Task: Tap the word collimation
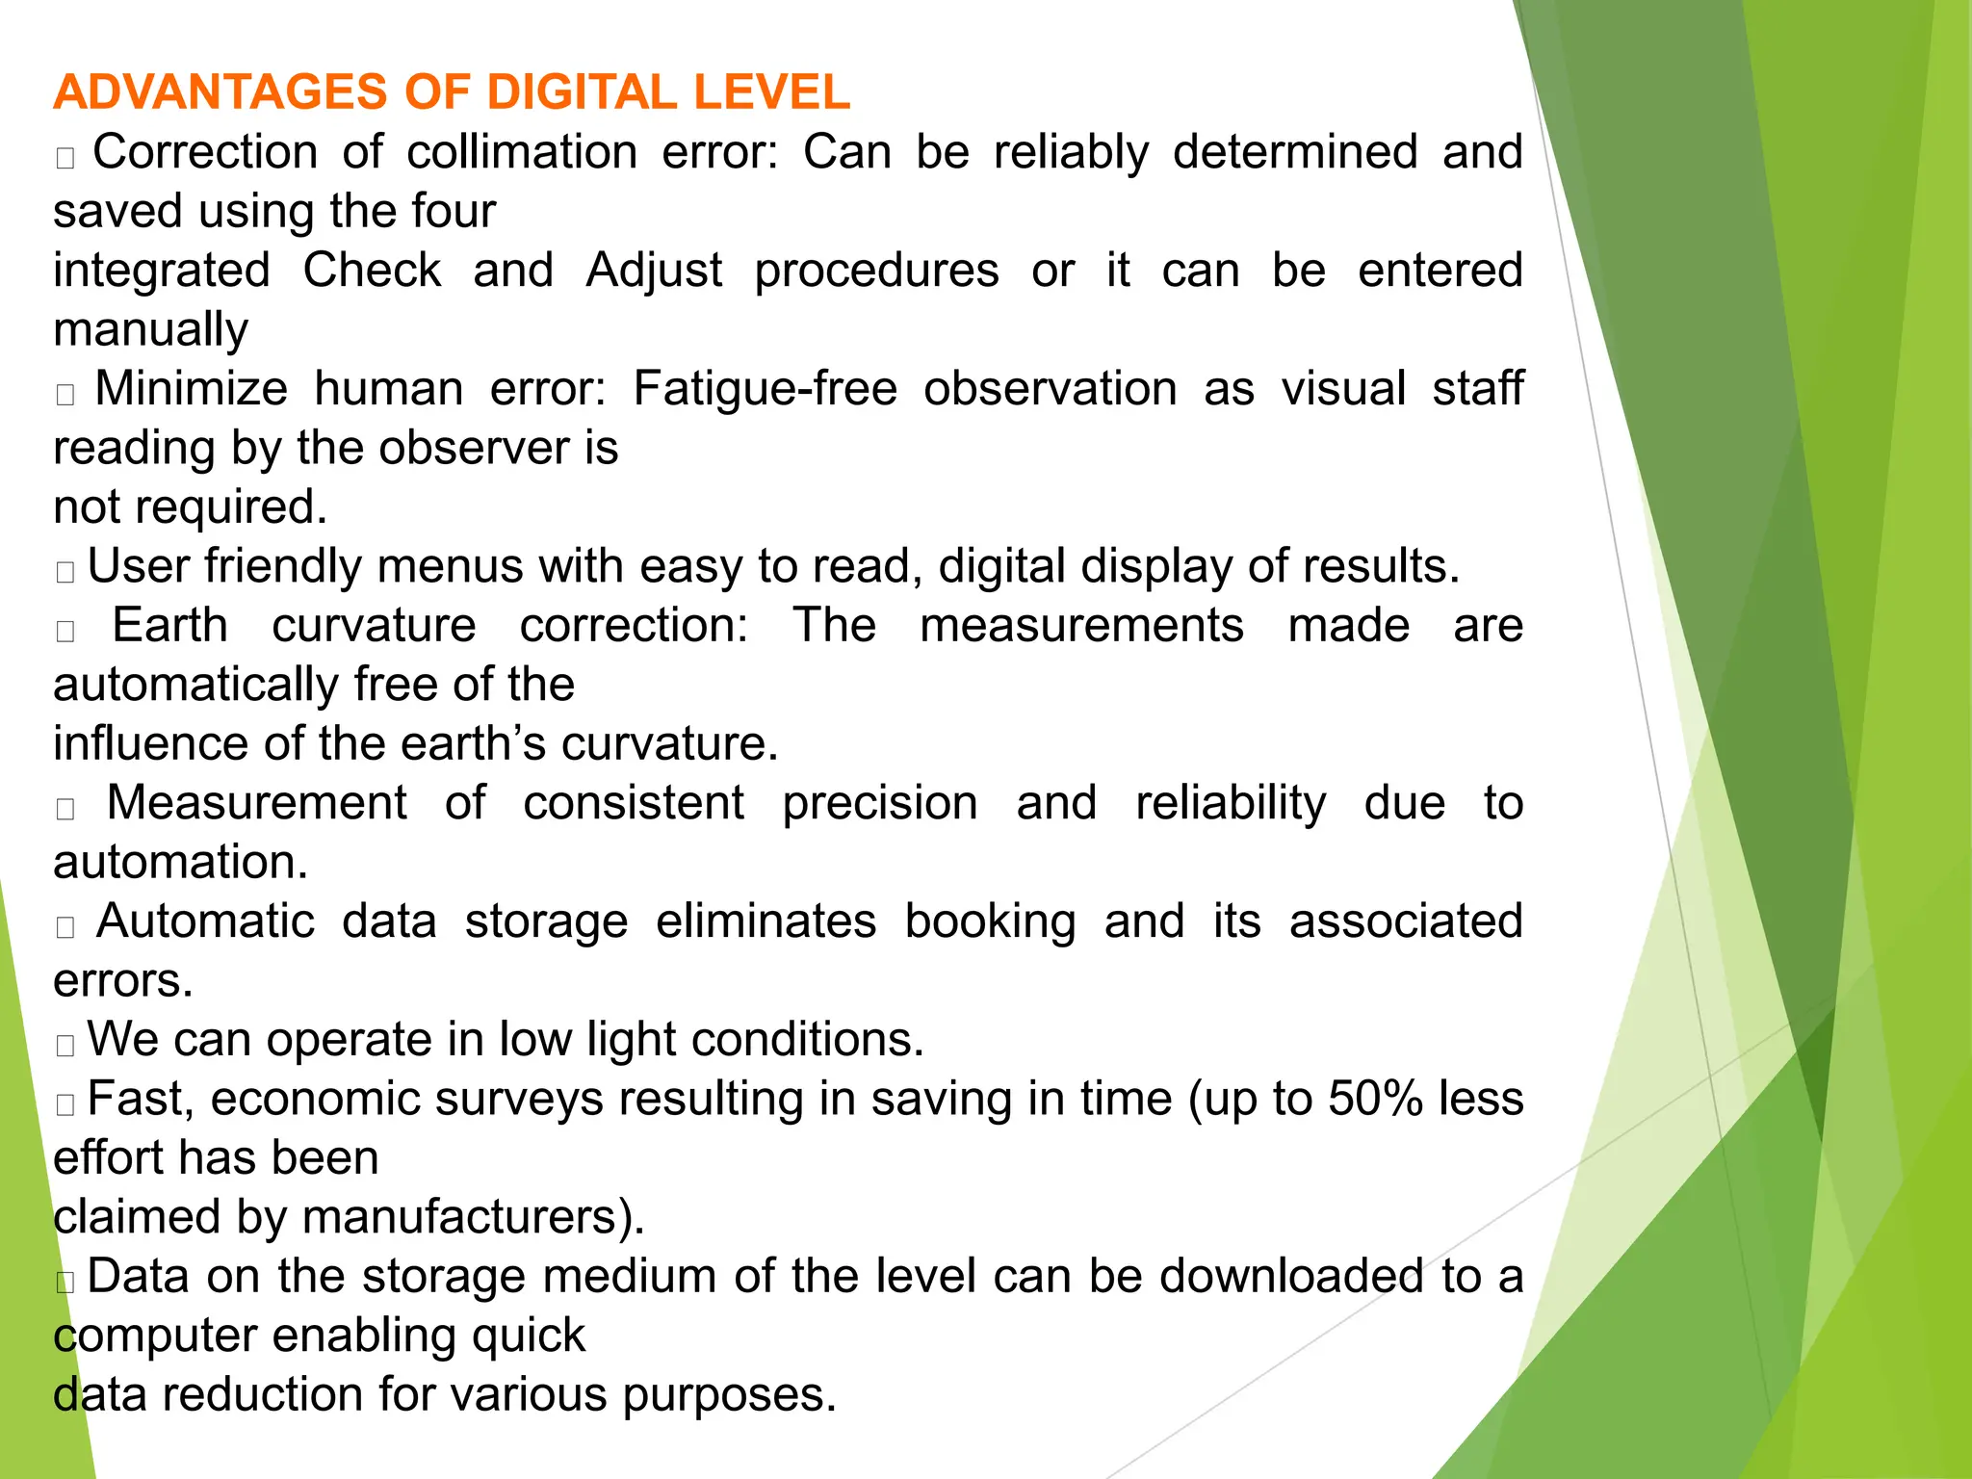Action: coord(522,152)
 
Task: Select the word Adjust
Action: coord(654,271)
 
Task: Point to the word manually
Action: coord(150,330)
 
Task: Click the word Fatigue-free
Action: coord(765,389)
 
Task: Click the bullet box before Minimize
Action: coord(65,395)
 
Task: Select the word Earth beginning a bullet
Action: coord(169,626)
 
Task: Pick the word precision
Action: coord(879,803)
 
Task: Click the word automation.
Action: coord(180,863)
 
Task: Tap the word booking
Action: coord(990,921)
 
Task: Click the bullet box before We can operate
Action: coord(65,1046)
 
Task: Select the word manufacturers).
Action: coord(473,1217)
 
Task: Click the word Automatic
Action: coord(205,921)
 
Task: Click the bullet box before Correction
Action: coord(65,158)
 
